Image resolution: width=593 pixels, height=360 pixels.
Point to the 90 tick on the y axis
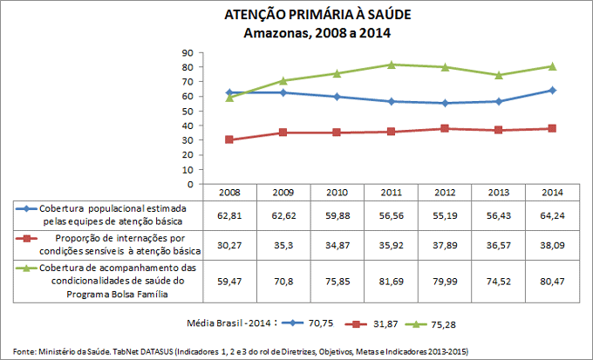(187, 52)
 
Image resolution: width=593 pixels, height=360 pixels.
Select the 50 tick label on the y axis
(187, 111)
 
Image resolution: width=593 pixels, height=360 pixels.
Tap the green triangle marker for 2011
(392, 65)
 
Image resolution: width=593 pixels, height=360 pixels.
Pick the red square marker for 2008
(229, 139)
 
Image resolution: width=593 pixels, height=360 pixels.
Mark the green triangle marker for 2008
(229, 97)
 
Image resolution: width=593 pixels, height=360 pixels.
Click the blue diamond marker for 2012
(446, 103)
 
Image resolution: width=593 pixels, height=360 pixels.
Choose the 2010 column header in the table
(337, 193)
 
